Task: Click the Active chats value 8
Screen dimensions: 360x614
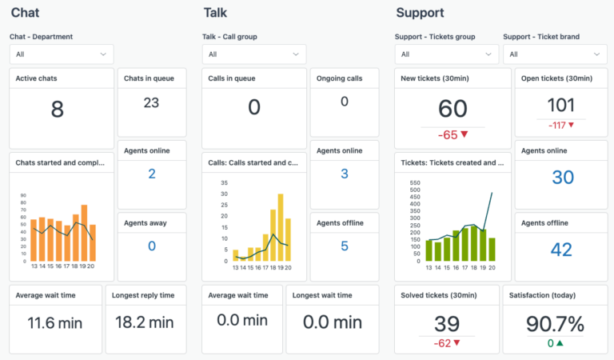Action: (x=57, y=110)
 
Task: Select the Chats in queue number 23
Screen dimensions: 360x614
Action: (x=151, y=102)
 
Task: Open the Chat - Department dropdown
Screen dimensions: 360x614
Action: (x=62, y=54)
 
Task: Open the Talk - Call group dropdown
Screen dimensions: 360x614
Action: (x=253, y=54)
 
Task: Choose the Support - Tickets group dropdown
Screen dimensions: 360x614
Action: (x=446, y=54)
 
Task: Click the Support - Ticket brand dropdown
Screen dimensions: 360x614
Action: (x=554, y=54)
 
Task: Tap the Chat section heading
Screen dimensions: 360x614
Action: (x=25, y=13)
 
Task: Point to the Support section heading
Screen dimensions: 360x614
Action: (x=420, y=13)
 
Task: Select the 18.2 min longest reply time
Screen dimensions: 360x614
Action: (x=146, y=323)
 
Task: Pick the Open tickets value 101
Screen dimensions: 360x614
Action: (x=560, y=105)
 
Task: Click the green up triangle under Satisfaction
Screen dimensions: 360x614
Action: (x=560, y=344)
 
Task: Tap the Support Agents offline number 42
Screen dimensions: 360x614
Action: (x=560, y=250)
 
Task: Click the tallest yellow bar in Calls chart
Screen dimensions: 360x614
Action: (x=281, y=227)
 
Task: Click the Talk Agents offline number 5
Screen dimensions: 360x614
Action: (x=344, y=246)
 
